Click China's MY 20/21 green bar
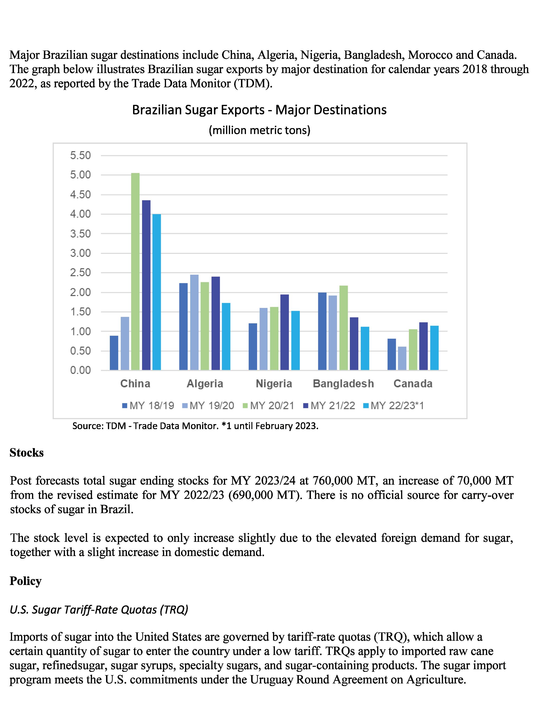coord(135,271)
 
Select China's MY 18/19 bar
coord(114,353)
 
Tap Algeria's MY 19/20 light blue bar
coord(194,322)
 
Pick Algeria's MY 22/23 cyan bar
coord(226,336)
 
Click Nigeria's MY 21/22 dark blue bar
coord(285,332)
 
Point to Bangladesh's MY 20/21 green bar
coord(343,328)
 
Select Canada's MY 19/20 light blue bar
coord(402,358)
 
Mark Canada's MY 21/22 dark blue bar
coord(423,346)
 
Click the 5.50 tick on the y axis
coord(81,155)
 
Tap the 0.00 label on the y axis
coord(81,370)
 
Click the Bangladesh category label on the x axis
coord(343,384)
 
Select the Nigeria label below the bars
coord(274,384)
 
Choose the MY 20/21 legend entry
coord(268,406)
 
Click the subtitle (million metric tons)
coord(259,130)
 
